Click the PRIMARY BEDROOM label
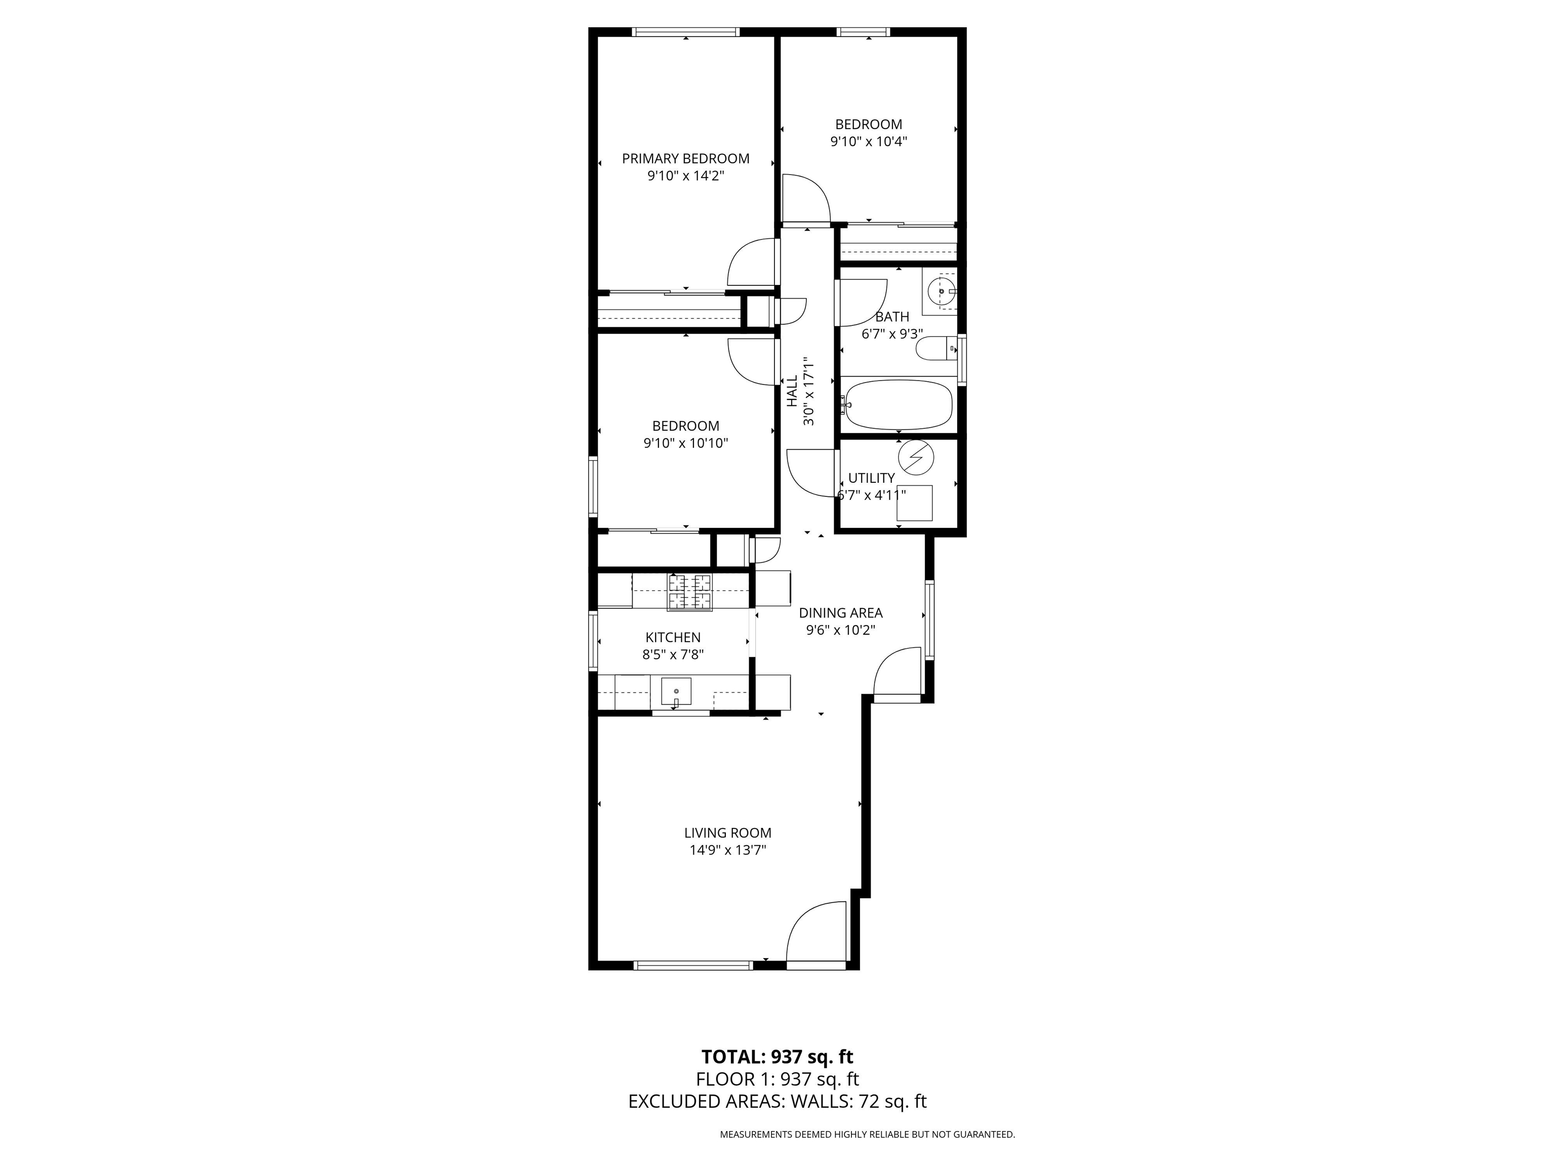[x=685, y=159]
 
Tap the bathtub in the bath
[x=898, y=405]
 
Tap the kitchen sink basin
[x=676, y=692]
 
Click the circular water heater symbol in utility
[x=916, y=457]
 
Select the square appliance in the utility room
[x=915, y=503]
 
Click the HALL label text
[x=792, y=391]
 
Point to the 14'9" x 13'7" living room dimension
[x=727, y=850]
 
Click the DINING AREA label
[x=841, y=613]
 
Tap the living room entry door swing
[x=816, y=931]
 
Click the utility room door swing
[x=812, y=474]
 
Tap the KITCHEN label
[x=673, y=638]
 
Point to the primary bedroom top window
[x=686, y=31]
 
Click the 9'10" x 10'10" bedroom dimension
[x=685, y=443]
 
